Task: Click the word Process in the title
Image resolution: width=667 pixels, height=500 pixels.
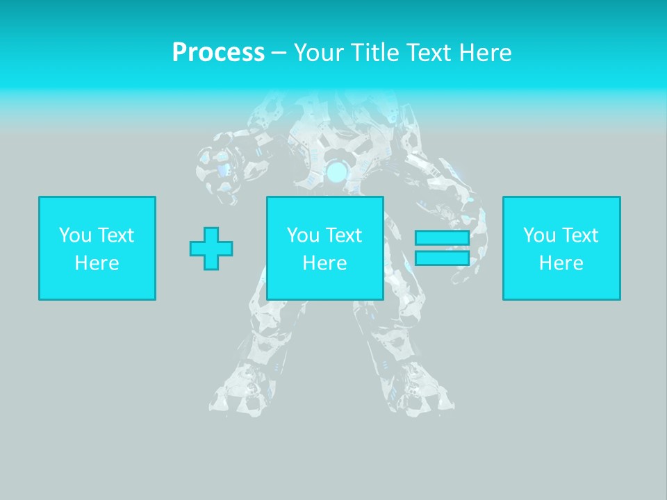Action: (218, 53)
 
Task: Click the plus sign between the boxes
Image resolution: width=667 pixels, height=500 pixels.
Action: (211, 249)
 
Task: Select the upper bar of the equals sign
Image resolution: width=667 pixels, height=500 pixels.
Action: (442, 237)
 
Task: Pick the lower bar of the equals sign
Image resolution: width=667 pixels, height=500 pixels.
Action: (442, 258)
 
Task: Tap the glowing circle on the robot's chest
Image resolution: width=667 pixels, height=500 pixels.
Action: (338, 171)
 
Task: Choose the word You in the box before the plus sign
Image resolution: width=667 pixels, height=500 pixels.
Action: (74, 235)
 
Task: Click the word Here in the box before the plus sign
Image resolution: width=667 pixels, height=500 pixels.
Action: (97, 263)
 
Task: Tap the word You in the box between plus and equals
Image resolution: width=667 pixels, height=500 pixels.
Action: (302, 235)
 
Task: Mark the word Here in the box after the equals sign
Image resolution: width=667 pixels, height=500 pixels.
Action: (561, 263)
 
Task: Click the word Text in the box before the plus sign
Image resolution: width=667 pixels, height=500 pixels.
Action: (115, 235)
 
